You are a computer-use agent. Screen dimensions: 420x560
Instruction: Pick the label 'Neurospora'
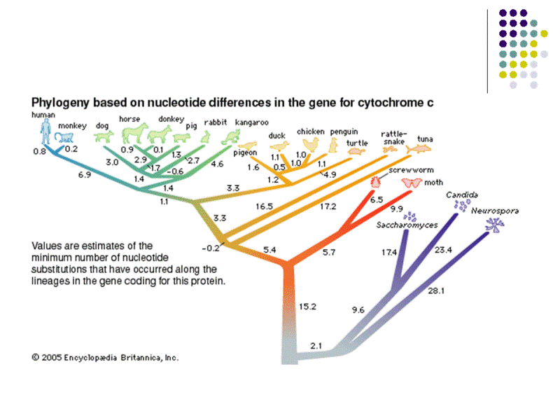coord(495,211)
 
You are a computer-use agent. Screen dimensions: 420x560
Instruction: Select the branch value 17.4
coord(389,251)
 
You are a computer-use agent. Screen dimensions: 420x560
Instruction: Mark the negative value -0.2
coord(210,248)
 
